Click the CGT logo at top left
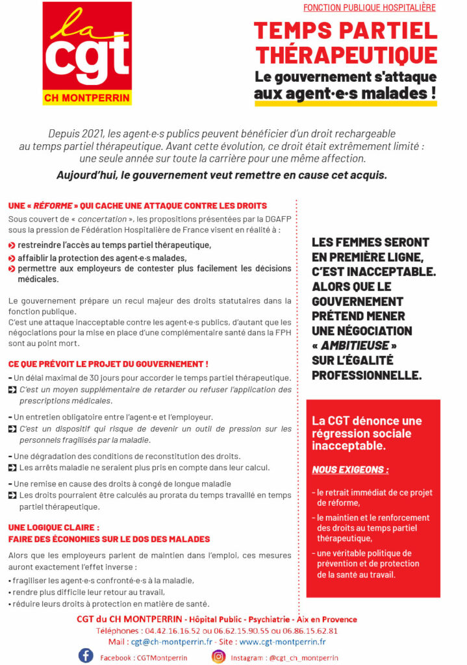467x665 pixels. coord(87,45)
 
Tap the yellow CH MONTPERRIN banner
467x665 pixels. coord(87,98)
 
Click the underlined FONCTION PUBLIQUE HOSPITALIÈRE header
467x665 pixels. coord(369,8)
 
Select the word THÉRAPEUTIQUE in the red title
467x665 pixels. coord(346,54)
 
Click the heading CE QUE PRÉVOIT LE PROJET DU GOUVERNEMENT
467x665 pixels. coord(108,364)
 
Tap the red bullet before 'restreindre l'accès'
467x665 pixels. coord(12,245)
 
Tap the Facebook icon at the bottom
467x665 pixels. coord(86,655)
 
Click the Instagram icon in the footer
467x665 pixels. coord(219,656)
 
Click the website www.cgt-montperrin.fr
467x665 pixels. coord(283,642)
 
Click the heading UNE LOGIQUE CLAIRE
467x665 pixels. coord(54,527)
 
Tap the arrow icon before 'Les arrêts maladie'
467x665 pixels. coord(12,468)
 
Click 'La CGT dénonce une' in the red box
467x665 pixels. coord(366,421)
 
